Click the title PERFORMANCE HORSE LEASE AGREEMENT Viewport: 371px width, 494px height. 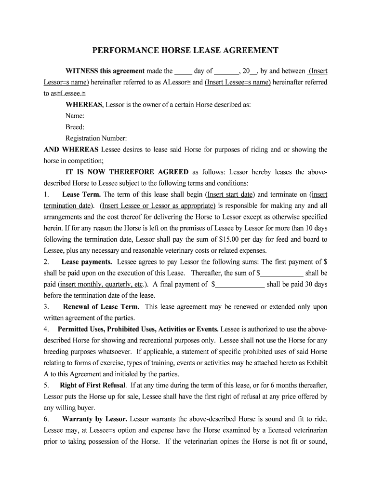185,50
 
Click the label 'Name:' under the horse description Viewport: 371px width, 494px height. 75,116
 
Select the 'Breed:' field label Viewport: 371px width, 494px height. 75,127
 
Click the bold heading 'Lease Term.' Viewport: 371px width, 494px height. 81,194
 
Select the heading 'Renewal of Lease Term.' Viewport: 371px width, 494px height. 101,307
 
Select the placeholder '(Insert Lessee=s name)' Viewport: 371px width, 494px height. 238,82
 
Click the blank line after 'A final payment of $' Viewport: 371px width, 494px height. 239,285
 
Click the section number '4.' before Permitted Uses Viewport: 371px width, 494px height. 46,329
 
